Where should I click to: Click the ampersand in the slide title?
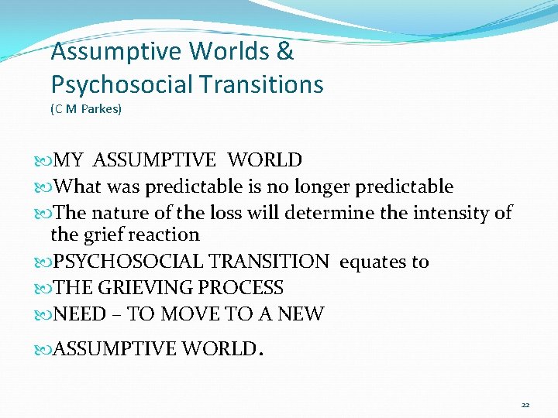click(285, 53)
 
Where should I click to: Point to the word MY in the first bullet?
click(70, 160)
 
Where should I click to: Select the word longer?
click(332, 187)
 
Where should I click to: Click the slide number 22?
click(525, 405)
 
